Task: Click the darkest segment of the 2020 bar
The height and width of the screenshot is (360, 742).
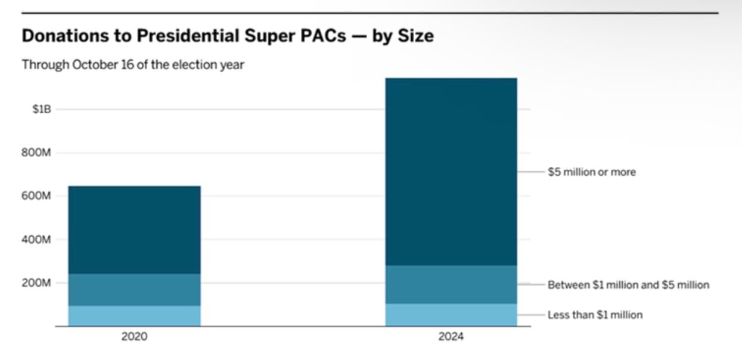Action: [x=135, y=230]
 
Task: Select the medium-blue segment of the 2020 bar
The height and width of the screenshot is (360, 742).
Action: [x=135, y=290]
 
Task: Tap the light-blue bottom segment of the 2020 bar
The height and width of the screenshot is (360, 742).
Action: [x=135, y=316]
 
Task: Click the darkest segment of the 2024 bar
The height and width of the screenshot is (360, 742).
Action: [x=451, y=172]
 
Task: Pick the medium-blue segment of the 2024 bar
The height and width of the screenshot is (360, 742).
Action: [x=451, y=284]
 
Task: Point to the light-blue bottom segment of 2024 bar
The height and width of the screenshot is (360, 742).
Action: [x=451, y=315]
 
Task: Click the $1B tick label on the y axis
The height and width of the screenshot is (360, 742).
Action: [x=42, y=109]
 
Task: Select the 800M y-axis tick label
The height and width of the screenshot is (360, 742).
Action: [x=36, y=153]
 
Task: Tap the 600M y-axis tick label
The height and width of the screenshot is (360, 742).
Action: [x=36, y=196]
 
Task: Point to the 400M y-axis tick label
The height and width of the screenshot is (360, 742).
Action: [x=36, y=240]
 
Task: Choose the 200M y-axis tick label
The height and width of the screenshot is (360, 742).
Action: [x=36, y=283]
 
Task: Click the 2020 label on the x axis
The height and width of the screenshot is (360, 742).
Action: [x=134, y=337]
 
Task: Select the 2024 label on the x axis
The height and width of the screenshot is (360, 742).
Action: [x=451, y=337]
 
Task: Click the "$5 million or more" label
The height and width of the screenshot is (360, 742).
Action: [x=592, y=172]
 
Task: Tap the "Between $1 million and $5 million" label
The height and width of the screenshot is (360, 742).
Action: [x=629, y=285]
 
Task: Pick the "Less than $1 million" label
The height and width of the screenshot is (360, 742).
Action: [x=595, y=315]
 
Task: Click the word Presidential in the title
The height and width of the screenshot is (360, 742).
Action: [x=188, y=36]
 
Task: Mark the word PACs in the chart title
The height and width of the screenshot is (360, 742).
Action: [x=323, y=36]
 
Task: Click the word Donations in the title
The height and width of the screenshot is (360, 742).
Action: [x=65, y=36]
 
